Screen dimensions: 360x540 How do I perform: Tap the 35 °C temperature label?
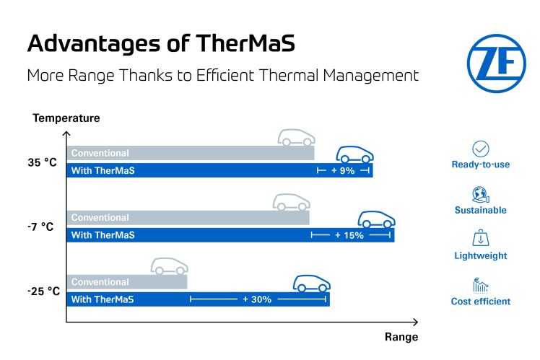42,162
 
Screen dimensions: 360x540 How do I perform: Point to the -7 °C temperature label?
41,227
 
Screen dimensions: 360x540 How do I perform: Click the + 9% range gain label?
343,171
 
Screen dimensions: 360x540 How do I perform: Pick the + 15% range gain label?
349,235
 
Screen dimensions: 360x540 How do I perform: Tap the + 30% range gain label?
257,299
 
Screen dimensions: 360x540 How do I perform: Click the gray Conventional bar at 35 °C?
191,153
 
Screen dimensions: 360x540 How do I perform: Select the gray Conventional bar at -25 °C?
126,282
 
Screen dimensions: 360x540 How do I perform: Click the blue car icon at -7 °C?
375,218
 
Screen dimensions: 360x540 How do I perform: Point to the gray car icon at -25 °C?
169,265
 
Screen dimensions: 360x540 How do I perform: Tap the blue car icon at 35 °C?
355,154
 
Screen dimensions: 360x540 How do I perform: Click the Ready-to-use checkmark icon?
480,149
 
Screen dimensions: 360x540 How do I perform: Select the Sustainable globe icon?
480,194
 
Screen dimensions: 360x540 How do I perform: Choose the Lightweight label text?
480,256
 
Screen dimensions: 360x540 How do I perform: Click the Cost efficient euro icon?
480,285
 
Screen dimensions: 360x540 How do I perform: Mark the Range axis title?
401,337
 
